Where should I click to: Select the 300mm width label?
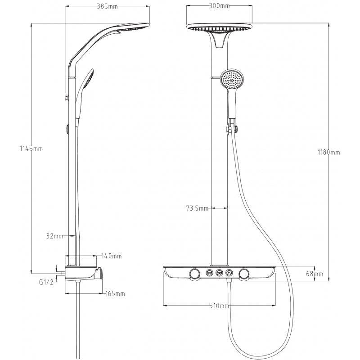[x=220, y=6]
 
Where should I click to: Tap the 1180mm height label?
[x=328, y=153]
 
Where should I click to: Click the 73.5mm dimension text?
[x=197, y=208]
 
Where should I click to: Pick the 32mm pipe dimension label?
[x=54, y=235]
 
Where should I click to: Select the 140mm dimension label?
[x=112, y=256]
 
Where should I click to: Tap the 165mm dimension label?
[x=114, y=294]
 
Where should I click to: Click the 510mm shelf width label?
[x=219, y=306]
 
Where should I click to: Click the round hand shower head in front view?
[x=233, y=81]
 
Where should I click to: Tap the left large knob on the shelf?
[x=195, y=274]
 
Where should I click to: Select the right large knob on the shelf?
[x=244, y=274]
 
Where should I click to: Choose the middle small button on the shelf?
[x=220, y=272]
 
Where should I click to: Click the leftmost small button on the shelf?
[x=209, y=272]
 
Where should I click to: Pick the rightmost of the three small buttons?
[x=230, y=272]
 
